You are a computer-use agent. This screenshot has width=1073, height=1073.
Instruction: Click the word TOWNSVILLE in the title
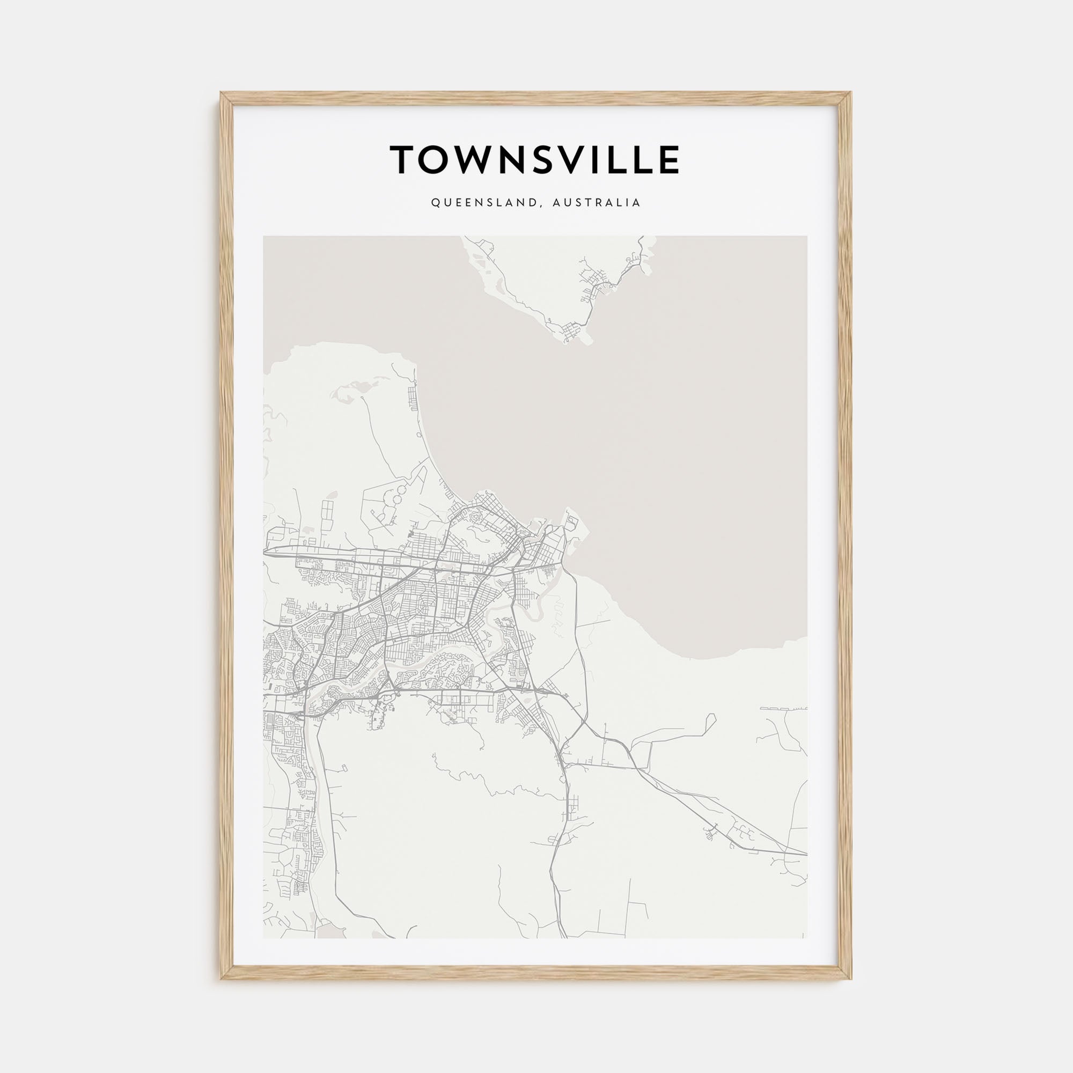tap(534, 159)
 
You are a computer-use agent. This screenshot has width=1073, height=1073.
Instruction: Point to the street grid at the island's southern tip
tap(572, 333)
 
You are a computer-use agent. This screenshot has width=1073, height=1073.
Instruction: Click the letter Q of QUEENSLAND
tap(435, 203)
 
